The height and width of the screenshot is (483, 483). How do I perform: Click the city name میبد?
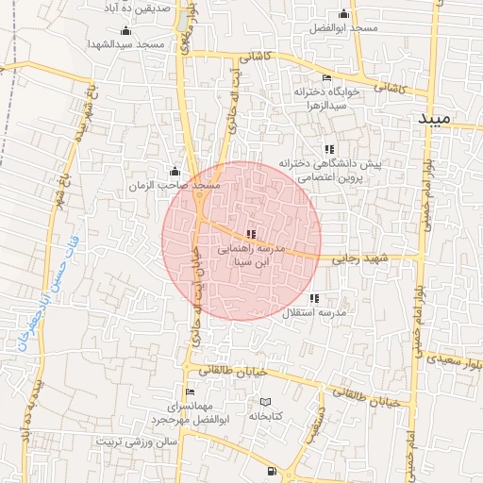(x=446, y=118)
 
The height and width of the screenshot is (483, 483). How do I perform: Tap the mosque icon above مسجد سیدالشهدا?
(x=125, y=30)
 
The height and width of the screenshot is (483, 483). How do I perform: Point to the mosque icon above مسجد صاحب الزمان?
(x=174, y=172)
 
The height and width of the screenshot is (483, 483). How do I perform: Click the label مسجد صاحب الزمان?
(x=175, y=186)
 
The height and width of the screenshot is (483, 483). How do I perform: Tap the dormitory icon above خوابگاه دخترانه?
(x=326, y=78)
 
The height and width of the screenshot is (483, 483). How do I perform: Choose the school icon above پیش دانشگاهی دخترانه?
(x=328, y=149)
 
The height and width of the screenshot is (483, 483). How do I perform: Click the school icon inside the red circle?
(x=250, y=234)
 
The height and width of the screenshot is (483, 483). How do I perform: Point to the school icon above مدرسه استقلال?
(x=314, y=298)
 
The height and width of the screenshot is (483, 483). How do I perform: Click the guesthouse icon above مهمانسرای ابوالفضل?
(x=190, y=391)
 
